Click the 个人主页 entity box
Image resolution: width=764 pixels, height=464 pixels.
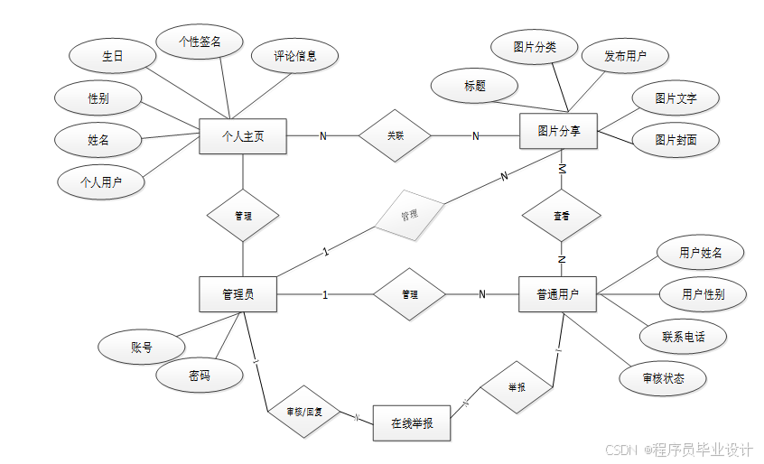click(242, 136)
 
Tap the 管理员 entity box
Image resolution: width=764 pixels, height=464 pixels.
click(238, 294)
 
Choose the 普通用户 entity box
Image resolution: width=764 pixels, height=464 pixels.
click(557, 294)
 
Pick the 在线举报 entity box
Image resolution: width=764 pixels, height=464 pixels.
click(411, 422)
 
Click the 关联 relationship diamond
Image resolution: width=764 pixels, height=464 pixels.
click(396, 136)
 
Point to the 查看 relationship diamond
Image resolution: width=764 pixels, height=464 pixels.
click(562, 217)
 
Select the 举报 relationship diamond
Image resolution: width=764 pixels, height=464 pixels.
click(517, 387)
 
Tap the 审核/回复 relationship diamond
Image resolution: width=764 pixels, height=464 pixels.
click(304, 413)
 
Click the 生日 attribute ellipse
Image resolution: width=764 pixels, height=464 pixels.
click(112, 56)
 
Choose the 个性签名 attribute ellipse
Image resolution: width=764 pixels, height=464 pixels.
click(200, 41)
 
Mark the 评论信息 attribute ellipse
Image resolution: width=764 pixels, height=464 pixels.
click(295, 56)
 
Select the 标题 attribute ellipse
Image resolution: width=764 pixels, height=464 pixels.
click(475, 87)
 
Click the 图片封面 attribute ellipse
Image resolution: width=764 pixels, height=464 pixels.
click(675, 140)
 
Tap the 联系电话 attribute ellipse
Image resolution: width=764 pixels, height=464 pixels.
click(683, 337)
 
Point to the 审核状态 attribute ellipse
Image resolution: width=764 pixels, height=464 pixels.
click(664, 378)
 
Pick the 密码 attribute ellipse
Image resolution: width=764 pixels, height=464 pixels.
click(200, 376)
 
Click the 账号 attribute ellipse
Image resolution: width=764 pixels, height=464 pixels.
click(141, 347)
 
